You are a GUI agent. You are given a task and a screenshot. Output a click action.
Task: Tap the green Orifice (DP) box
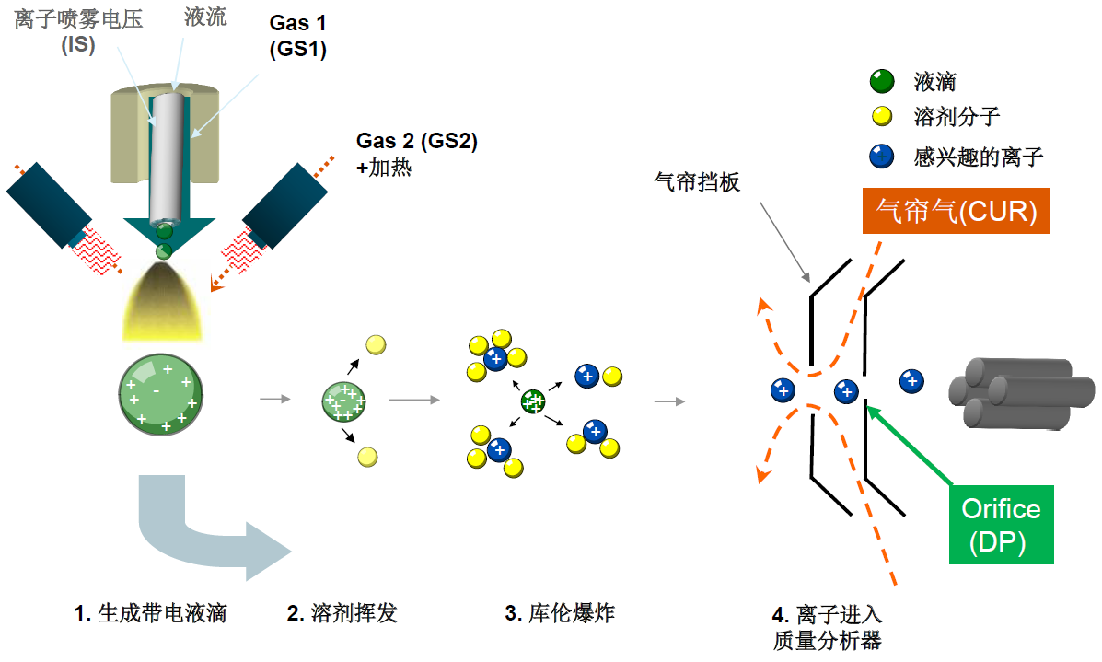tap(1000, 526)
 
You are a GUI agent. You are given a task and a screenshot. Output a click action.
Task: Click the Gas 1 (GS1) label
tap(298, 37)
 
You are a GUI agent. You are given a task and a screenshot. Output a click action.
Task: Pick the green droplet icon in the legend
tap(882, 82)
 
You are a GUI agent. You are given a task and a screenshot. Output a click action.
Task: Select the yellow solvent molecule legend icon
tap(882, 117)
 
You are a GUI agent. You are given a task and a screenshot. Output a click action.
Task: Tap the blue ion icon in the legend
tap(882, 157)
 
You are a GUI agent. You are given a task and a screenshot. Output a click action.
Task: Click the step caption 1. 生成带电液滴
tap(150, 613)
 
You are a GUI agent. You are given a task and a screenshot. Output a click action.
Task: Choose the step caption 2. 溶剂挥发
tap(342, 613)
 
